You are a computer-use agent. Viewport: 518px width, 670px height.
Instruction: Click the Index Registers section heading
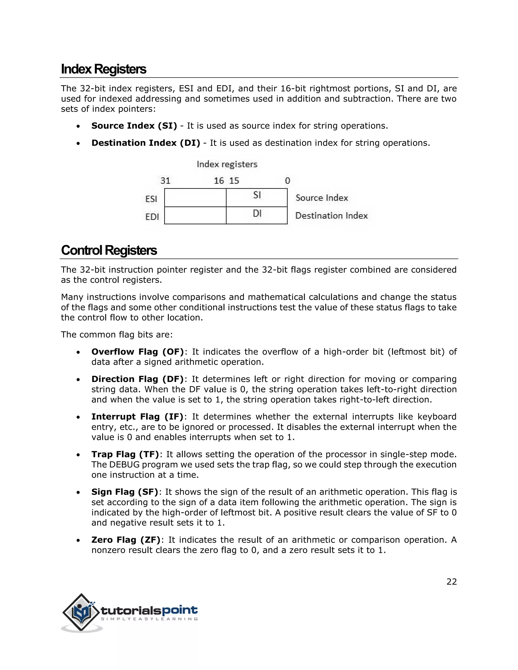point(103,69)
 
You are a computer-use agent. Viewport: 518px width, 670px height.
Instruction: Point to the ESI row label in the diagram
point(151,199)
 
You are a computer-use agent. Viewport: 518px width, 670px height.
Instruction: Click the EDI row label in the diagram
point(152,217)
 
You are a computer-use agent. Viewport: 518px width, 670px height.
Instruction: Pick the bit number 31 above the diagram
point(165,181)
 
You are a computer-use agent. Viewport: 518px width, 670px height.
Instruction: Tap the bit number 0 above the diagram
point(287,181)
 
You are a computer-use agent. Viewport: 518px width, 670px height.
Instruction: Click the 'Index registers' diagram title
point(227,164)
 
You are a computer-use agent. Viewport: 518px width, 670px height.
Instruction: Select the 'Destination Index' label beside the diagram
point(331,216)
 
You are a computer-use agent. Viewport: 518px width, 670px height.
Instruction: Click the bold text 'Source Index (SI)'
point(134,126)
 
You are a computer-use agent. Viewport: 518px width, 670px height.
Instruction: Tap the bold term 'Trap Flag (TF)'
point(125,454)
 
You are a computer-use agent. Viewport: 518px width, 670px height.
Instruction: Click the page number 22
point(451,582)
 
